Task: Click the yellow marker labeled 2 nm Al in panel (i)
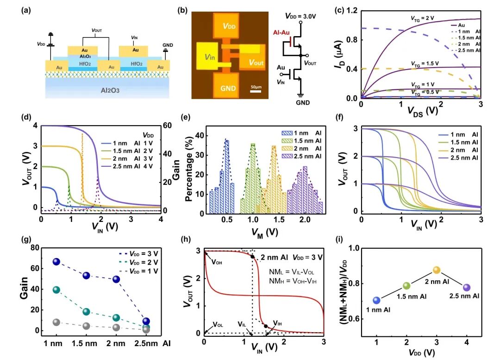pos(436,270)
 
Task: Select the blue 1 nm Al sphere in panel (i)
pos(377,300)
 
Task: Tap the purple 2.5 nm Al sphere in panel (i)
pos(466,288)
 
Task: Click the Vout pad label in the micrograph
pos(253,62)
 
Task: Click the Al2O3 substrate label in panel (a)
pos(107,90)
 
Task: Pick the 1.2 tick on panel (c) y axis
pos(351,10)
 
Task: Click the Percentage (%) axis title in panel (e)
pos(189,173)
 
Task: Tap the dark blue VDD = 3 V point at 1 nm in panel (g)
pos(56,262)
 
